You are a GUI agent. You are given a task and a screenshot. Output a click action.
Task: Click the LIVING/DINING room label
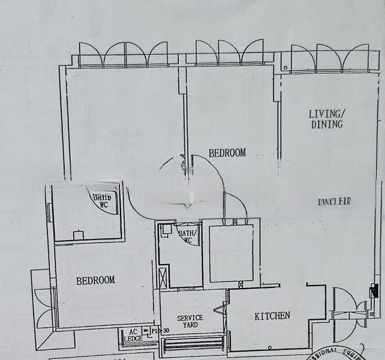(326, 119)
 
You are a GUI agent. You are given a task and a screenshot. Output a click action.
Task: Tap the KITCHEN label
(272, 316)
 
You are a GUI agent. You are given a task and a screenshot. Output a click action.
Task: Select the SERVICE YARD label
(190, 321)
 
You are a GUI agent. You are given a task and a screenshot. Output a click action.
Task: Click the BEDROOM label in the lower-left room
(95, 280)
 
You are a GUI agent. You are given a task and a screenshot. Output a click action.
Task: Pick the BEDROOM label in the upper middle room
(227, 153)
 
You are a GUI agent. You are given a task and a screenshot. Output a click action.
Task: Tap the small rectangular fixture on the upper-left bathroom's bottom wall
(79, 235)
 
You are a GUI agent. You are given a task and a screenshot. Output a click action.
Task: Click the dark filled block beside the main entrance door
(374, 292)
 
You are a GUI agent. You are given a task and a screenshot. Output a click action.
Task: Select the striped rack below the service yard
(193, 343)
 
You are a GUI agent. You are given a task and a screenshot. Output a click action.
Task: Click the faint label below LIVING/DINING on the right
(333, 202)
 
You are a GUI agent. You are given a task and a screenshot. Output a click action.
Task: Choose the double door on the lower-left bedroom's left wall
(43, 308)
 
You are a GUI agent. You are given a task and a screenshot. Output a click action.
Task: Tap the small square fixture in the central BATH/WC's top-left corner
(166, 228)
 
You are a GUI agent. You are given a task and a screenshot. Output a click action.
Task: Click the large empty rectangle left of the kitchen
(231, 253)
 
